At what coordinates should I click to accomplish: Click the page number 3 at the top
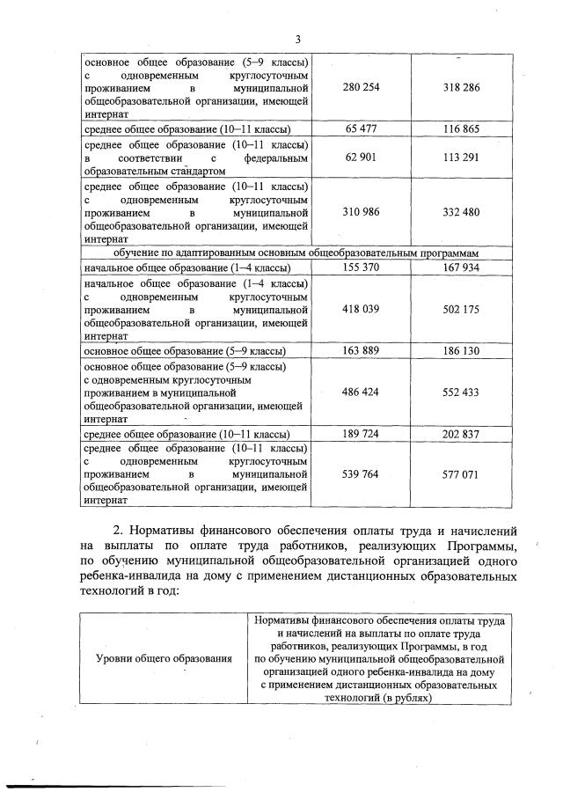tap(298, 39)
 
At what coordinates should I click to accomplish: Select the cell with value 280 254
tap(358, 89)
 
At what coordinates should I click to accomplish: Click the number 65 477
tap(358, 128)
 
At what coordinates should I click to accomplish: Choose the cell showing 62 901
tap(358, 158)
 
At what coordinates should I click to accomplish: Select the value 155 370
tap(358, 267)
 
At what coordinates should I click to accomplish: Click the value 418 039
tap(358, 310)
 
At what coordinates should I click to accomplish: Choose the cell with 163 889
tap(358, 350)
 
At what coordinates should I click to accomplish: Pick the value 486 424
tap(358, 392)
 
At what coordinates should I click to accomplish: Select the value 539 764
tap(358, 473)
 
